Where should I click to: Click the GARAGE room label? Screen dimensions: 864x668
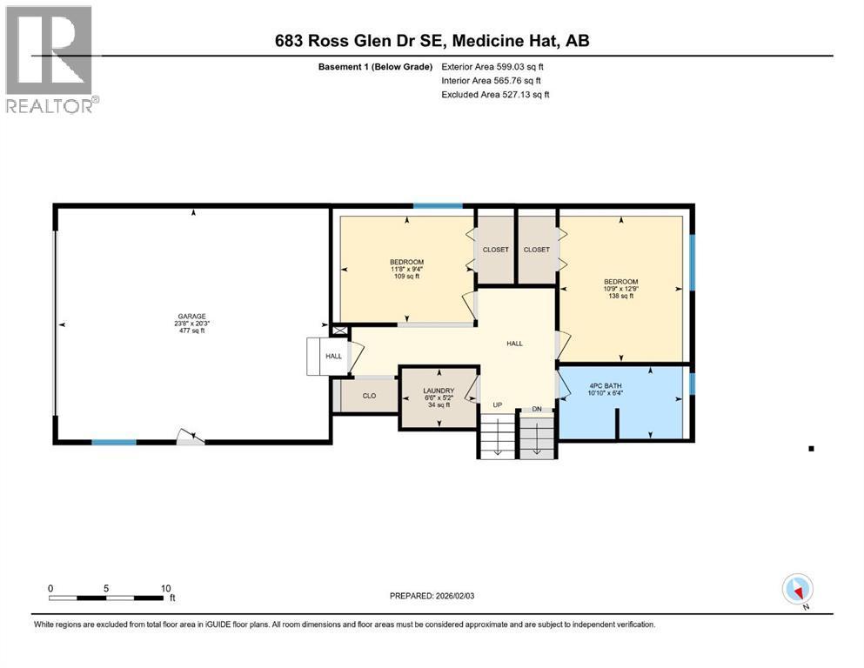pyautogui.click(x=191, y=317)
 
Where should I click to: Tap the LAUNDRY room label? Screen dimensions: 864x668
pyautogui.click(x=439, y=391)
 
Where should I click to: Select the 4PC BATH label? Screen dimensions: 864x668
pyautogui.click(x=605, y=386)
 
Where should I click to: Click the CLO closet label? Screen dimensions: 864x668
pyautogui.click(x=369, y=396)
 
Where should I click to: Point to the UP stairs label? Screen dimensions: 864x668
pyautogui.click(x=498, y=404)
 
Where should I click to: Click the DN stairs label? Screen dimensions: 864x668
pyautogui.click(x=537, y=409)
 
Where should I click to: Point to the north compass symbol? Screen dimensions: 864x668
pyautogui.click(x=797, y=590)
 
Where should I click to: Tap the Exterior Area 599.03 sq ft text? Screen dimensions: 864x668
pyautogui.click(x=492, y=67)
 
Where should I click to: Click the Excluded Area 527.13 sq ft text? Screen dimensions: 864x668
pyautogui.click(x=495, y=94)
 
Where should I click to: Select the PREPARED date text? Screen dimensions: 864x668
pyautogui.click(x=432, y=596)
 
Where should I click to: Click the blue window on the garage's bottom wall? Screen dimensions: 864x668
pyautogui.click(x=114, y=442)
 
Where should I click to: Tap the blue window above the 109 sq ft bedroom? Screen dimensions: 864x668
pyautogui.click(x=438, y=206)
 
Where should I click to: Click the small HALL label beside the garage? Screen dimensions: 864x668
pyautogui.click(x=333, y=357)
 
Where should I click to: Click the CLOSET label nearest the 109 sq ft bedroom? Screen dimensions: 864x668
pyautogui.click(x=495, y=250)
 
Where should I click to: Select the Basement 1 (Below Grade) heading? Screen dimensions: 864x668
pyautogui.click(x=375, y=67)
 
